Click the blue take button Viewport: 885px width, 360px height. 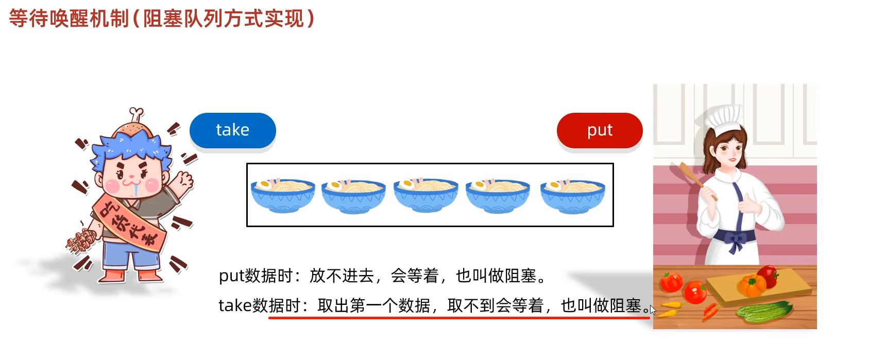click(232, 130)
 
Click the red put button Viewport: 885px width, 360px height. click(600, 130)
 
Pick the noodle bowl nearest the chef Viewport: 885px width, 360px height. click(572, 196)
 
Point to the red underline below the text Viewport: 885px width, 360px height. click(458, 318)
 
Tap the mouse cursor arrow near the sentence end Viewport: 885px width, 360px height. click(652, 310)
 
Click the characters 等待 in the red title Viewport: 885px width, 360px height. click(29, 19)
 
